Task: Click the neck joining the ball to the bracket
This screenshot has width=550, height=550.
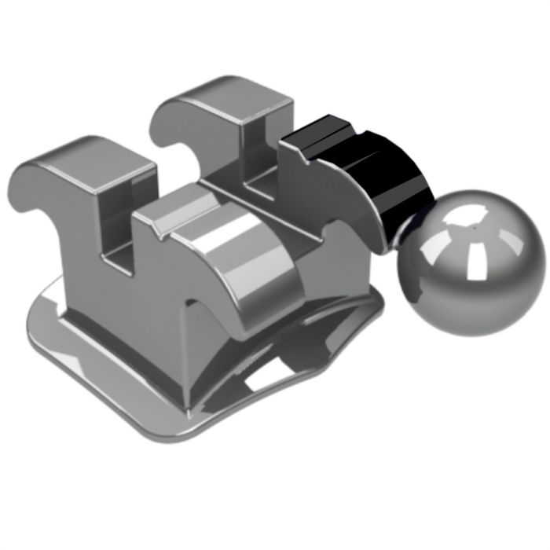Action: click(401, 228)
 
